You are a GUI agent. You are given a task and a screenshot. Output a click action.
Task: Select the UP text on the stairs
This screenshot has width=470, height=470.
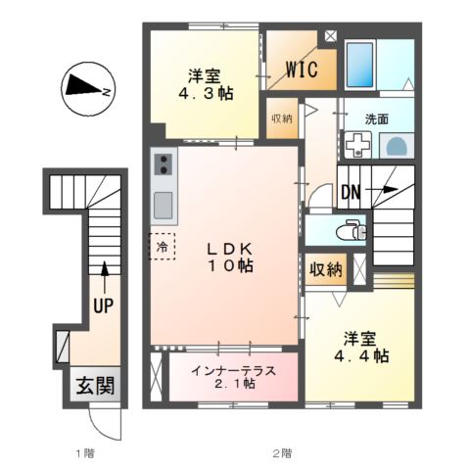pos(104,305)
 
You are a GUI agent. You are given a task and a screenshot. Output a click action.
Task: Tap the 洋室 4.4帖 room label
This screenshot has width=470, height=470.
pos(358,348)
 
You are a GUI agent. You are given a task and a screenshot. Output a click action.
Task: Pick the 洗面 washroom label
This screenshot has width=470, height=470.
pos(376,118)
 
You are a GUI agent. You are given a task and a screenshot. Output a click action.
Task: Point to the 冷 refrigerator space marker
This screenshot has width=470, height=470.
pos(163,246)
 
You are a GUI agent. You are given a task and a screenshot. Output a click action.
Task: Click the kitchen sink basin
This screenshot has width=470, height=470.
pos(164,205)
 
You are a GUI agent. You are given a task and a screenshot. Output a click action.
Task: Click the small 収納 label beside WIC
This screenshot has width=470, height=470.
pos(282,119)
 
